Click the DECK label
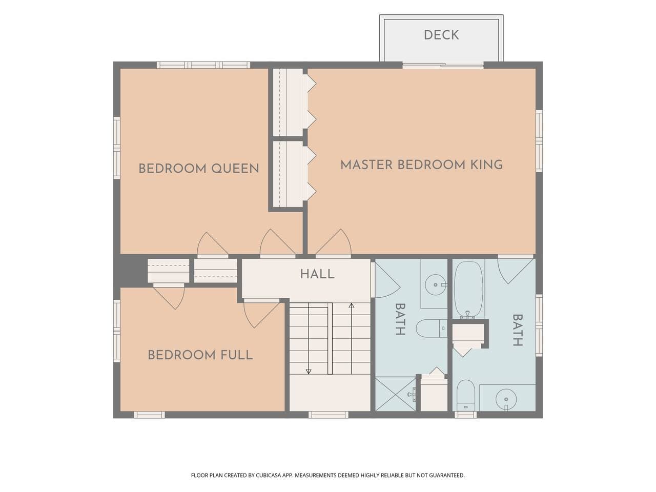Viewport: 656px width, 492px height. tap(441, 35)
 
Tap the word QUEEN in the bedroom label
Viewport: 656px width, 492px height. tap(235, 169)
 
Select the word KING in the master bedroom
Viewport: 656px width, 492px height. tap(486, 165)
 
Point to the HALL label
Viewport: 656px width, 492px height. tap(317, 274)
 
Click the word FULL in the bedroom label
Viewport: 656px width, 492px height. tap(236, 355)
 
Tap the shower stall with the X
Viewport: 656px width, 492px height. tap(395, 395)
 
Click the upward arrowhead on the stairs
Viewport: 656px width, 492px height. tap(352, 305)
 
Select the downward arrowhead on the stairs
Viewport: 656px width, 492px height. tap(309, 372)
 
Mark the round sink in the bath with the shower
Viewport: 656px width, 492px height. tap(436, 284)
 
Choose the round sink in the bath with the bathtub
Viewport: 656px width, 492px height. tap(506, 399)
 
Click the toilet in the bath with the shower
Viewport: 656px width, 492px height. tap(432, 329)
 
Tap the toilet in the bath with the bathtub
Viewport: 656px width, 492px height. tap(466, 395)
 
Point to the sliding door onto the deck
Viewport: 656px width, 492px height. tap(443, 65)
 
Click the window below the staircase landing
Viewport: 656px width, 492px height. tap(329, 415)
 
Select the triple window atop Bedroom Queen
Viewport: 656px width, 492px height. tap(203, 65)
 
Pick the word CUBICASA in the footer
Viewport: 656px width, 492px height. tap(269, 475)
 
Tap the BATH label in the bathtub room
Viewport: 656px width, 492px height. tap(518, 330)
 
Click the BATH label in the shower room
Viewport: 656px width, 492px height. tap(400, 319)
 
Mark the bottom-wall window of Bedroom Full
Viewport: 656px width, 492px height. tap(149, 415)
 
